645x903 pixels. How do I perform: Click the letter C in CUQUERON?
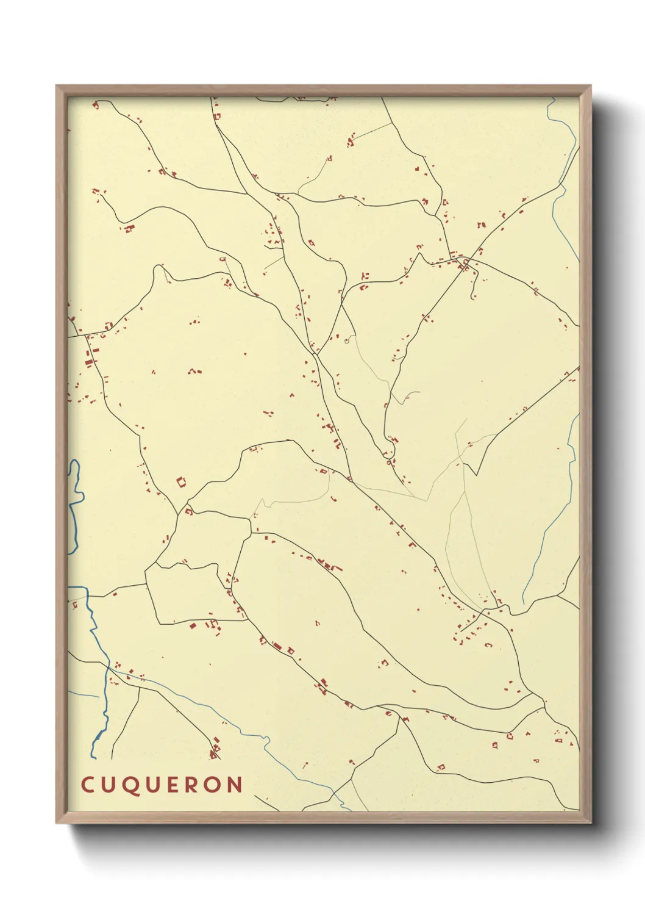(87, 785)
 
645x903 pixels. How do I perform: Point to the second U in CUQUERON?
(155, 785)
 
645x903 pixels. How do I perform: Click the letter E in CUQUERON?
(177, 785)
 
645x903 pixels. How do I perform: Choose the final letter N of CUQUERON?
(237, 785)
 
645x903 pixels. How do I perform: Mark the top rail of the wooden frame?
(323, 90)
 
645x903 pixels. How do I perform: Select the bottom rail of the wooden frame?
(323, 818)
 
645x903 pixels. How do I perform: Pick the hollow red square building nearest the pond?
(181, 482)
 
